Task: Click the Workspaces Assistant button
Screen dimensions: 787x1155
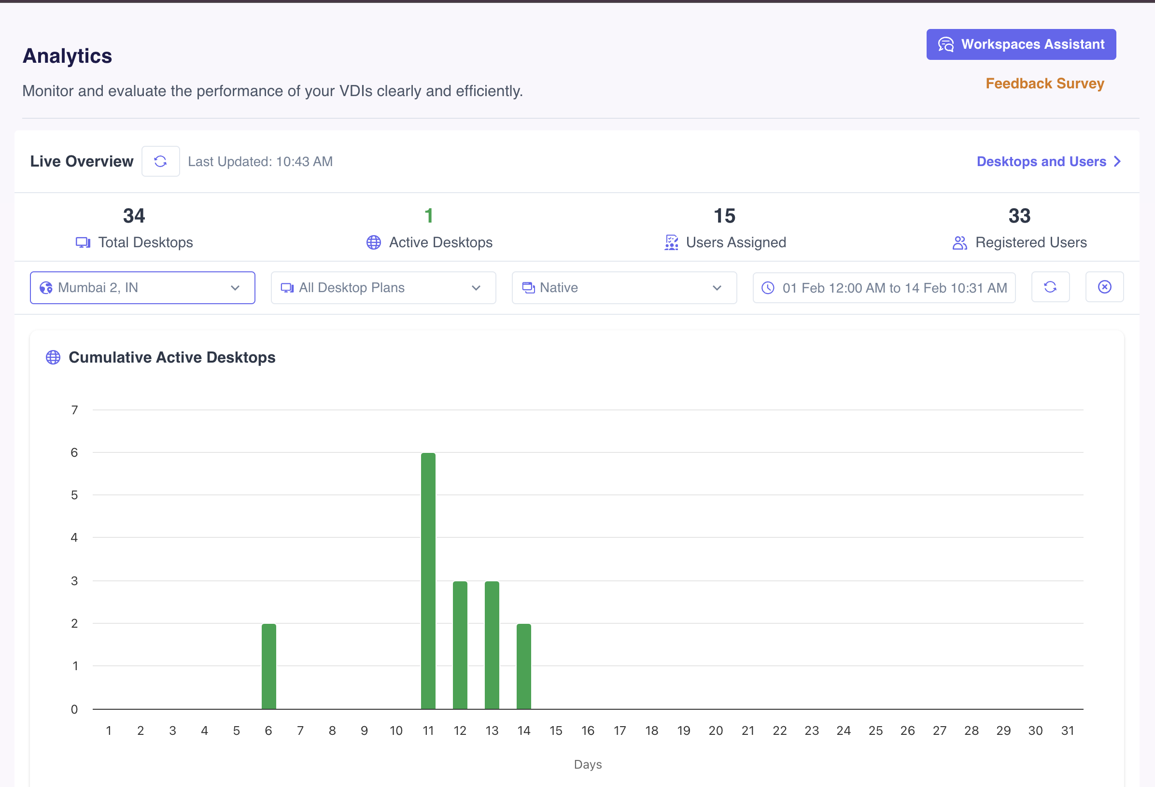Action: click(x=1021, y=44)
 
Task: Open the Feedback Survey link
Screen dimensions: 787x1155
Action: click(x=1045, y=84)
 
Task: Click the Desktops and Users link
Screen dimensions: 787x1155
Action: click(x=1048, y=161)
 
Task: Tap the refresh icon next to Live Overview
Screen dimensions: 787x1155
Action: click(x=160, y=161)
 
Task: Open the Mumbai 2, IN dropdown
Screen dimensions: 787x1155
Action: click(x=142, y=288)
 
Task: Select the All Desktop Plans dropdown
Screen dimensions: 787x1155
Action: click(x=383, y=288)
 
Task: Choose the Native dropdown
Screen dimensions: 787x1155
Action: click(x=624, y=288)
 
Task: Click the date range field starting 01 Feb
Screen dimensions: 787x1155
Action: click(x=884, y=288)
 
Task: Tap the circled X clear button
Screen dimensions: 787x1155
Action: click(x=1104, y=287)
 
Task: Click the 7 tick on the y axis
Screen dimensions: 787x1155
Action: click(x=74, y=410)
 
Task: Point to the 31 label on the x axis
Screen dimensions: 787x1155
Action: click(x=1067, y=731)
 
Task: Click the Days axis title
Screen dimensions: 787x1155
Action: click(x=588, y=764)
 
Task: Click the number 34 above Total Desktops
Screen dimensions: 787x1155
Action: click(x=134, y=216)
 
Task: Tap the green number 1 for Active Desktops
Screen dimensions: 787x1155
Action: click(x=429, y=216)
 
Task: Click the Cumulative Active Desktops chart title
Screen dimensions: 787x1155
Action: click(x=171, y=357)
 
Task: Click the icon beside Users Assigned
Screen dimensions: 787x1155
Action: click(x=671, y=242)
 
